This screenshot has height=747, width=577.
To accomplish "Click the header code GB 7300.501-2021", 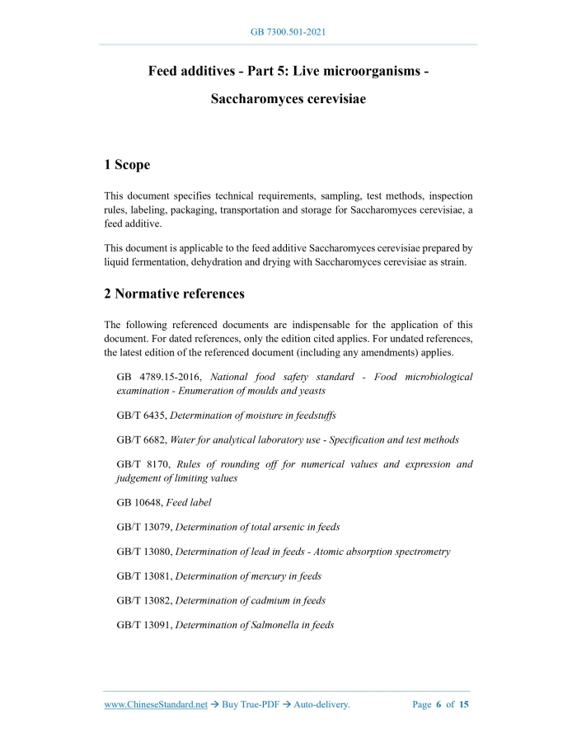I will coord(288,32).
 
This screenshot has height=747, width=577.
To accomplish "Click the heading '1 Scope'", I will coord(127,165).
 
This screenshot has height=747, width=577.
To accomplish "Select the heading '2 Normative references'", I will coord(174,294).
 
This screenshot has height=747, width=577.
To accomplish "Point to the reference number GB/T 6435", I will coord(142,416).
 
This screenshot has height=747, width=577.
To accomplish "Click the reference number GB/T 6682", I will coord(142,440).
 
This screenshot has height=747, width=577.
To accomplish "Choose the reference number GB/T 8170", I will coord(142,465).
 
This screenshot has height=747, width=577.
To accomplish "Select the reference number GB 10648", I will coord(139,503).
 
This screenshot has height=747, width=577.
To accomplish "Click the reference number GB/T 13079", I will coord(144,528).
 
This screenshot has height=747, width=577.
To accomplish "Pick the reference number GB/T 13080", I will coord(144,552).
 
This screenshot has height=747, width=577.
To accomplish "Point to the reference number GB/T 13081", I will coord(144,576).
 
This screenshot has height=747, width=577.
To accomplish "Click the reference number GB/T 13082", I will coord(144,601).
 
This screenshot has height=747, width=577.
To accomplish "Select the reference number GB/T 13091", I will coord(144,626).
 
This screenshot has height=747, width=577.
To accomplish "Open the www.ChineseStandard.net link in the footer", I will coord(155,705).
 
